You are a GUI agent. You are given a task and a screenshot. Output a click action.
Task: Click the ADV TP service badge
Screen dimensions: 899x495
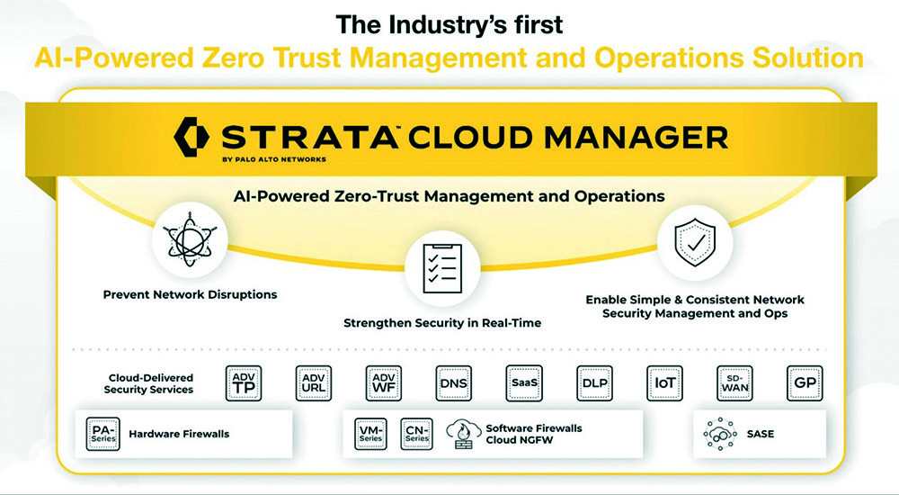coord(244,383)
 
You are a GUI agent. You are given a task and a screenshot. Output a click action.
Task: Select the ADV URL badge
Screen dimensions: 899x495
coord(314,383)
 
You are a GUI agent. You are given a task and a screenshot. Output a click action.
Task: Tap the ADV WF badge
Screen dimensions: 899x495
coord(384,383)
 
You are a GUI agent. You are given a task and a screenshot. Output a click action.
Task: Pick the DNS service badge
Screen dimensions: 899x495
coord(453,383)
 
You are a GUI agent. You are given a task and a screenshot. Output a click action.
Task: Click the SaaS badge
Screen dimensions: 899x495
coord(524,383)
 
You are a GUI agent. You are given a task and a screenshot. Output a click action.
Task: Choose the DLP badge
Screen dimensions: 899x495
coord(594,383)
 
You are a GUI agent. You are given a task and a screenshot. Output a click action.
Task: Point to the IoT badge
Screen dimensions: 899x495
coord(664,383)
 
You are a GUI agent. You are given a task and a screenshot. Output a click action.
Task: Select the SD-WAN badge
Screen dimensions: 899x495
coord(735,383)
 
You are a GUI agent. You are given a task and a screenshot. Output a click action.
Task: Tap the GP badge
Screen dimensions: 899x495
coord(805,383)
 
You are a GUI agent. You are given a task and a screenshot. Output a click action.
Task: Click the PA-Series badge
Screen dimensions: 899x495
coord(103,434)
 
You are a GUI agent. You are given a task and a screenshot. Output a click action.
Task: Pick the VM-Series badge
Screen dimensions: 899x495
coord(370,434)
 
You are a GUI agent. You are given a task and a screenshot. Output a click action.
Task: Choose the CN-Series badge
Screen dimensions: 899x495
coord(416,434)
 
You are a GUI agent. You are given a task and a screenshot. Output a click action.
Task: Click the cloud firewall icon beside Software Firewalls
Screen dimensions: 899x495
coord(463,434)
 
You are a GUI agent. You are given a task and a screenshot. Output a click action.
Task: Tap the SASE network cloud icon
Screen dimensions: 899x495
coord(719,434)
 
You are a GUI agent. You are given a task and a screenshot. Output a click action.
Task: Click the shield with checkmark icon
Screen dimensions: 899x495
coord(695,242)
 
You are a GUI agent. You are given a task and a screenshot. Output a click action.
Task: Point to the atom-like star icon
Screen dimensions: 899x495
coord(190,240)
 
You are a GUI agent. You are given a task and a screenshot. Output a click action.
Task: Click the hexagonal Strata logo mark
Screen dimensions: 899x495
coord(191,137)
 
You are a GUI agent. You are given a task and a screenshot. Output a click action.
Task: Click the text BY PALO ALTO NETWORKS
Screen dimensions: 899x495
coord(274,159)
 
